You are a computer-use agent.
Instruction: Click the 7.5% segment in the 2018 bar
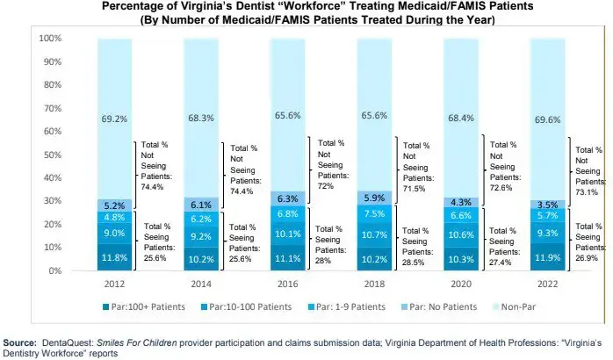pyautogui.click(x=374, y=213)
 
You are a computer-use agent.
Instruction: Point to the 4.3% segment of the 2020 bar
pyautogui.click(x=461, y=201)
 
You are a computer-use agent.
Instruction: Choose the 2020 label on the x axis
pyautogui.click(x=461, y=285)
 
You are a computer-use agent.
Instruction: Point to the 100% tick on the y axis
pyautogui.click(x=49, y=40)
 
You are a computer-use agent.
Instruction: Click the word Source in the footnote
pyautogui.click(x=19, y=340)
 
